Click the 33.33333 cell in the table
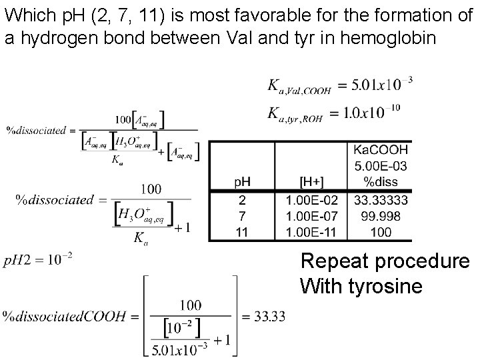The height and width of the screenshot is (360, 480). click(x=381, y=200)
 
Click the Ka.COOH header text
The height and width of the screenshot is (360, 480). click(x=381, y=151)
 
